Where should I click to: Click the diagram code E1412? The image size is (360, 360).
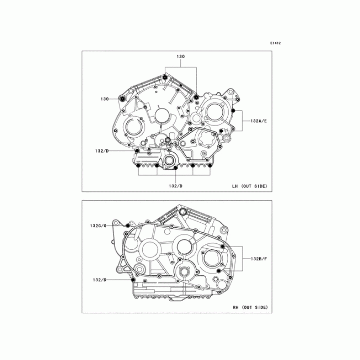coord(275,43)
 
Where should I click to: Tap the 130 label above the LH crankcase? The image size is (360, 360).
coord(181,57)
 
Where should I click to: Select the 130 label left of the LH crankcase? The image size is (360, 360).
coord(104,99)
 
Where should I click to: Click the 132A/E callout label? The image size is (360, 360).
coord(259,121)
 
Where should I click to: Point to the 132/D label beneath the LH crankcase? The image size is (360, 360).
coord(175,186)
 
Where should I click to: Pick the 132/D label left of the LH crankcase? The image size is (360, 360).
coord(102,151)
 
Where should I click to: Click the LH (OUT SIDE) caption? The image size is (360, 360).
coord(250,186)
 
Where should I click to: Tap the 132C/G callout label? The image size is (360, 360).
coord(98,226)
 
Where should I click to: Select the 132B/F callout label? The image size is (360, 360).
coord(259,259)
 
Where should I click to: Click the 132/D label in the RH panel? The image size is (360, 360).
coord(100,280)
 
